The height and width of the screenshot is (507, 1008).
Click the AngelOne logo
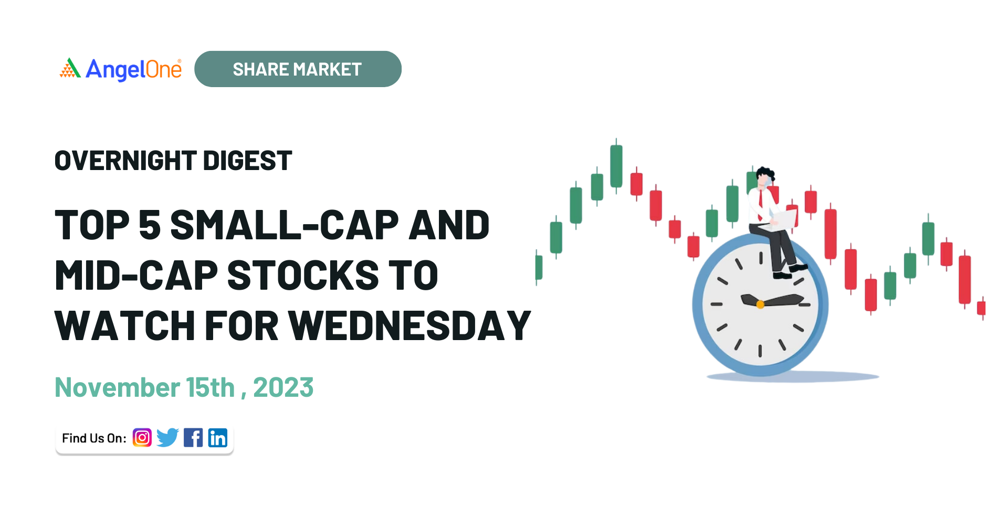pyautogui.click(x=121, y=69)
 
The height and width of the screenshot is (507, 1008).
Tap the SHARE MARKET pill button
pyautogui.click(x=298, y=69)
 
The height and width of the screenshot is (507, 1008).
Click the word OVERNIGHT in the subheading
pyautogui.click(x=125, y=161)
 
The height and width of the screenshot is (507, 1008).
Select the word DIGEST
pyautogui.click(x=247, y=161)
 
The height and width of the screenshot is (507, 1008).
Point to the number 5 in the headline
pyautogui.click(x=150, y=225)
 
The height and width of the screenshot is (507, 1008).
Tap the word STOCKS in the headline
pyautogui.click(x=303, y=276)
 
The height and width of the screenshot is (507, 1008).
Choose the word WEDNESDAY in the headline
pyautogui.click(x=410, y=326)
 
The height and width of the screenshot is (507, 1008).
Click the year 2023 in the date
pyautogui.click(x=283, y=388)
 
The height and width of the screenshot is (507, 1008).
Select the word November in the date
pyautogui.click(x=117, y=388)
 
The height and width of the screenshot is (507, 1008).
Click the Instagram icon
pyautogui.click(x=142, y=438)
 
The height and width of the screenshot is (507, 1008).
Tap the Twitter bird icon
pyautogui.click(x=167, y=438)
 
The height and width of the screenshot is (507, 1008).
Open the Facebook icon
pyautogui.click(x=193, y=438)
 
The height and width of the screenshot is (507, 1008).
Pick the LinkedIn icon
pyautogui.click(x=218, y=438)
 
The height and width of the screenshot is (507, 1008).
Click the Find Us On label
pyautogui.click(x=94, y=438)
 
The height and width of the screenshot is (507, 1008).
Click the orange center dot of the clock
pyautogui.click(x=760, y=304)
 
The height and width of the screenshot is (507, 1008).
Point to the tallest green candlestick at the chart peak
pyautogui.click(x=616, y=166)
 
